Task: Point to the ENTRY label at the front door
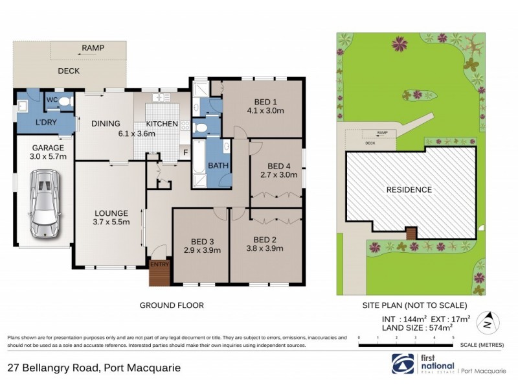coord(159,265)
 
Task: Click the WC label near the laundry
coord(52,100)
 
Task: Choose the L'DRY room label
coord(46,122)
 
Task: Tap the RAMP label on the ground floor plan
coord(93,48)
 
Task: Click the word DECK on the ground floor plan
coord(69,71)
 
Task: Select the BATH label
coord(218,166)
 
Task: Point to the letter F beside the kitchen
coord(186,154)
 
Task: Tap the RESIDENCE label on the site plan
coord(409,190)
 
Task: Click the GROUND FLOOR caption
coord(172,305)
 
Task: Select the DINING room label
coord(105,124)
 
